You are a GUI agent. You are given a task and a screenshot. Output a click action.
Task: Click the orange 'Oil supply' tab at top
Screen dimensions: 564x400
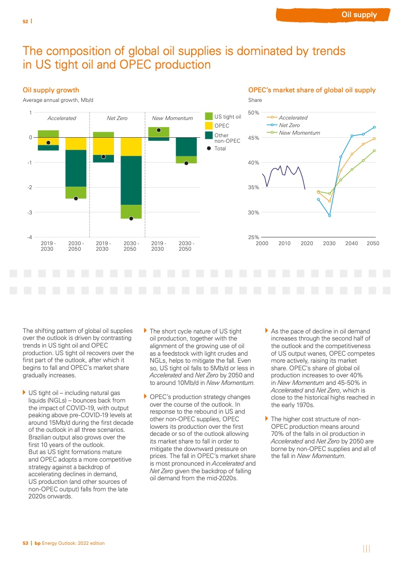click(x=359, y=15)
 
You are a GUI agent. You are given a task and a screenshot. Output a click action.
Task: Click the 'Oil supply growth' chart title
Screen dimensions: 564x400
click(x=51, y=90)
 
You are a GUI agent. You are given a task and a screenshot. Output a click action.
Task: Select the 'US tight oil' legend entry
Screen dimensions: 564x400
click(x=227, y=117)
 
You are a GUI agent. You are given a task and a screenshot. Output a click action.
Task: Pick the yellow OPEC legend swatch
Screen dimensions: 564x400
click(x=209, y=126)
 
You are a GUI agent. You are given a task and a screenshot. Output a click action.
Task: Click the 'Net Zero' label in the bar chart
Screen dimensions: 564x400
click(x=117, y=118)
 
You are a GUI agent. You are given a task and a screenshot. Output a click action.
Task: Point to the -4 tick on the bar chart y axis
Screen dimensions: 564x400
click(x=30, y=237)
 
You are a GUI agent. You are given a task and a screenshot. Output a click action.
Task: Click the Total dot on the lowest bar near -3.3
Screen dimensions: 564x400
click(x=131, y=218)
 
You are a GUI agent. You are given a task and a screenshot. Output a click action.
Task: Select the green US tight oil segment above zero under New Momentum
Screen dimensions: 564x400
click(x=158, y=132)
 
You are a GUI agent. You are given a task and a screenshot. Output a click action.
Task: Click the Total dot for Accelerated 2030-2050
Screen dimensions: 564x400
click(x=76, y=198)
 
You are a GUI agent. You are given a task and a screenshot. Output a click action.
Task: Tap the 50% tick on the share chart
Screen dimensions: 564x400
click(x=253, y=113)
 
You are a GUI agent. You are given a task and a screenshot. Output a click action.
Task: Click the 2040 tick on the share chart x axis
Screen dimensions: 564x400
click(x=351, y=244)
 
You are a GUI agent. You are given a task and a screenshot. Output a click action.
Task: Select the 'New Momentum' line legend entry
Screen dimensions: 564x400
click(x=299, y=132)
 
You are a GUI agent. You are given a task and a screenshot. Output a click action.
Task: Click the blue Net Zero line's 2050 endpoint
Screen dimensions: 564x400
click(x=374, y=127)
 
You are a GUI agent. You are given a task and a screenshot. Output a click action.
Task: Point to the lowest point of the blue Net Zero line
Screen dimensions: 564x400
click(x=329, y=216)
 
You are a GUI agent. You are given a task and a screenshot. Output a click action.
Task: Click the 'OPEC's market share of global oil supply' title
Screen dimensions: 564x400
click(x=312, y=90)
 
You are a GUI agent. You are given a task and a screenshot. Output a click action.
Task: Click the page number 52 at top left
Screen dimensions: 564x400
click(x=25, y=21)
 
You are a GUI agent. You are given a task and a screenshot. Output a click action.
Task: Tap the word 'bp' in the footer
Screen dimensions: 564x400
click(x=37, y=543)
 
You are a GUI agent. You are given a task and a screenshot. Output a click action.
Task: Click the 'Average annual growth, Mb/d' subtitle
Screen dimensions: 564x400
click(x=59, y=100)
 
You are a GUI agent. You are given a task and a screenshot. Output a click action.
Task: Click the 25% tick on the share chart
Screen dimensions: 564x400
click(x=253, y=237)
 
